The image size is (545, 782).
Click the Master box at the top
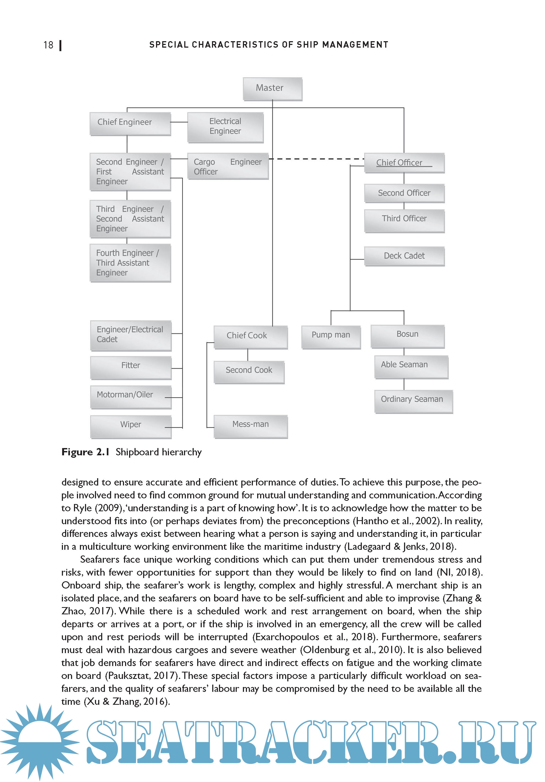272,89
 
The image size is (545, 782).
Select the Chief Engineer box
130,123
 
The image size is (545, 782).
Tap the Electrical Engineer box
225,127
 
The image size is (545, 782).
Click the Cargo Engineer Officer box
228,166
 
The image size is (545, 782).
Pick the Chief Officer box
404,163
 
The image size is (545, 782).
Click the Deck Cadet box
404,256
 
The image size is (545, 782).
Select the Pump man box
331,336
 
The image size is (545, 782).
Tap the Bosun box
408,336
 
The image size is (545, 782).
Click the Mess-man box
250,426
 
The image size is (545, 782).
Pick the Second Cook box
249,372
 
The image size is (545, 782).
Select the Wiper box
131,426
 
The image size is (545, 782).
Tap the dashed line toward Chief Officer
317,159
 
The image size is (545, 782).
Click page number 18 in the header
48,45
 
